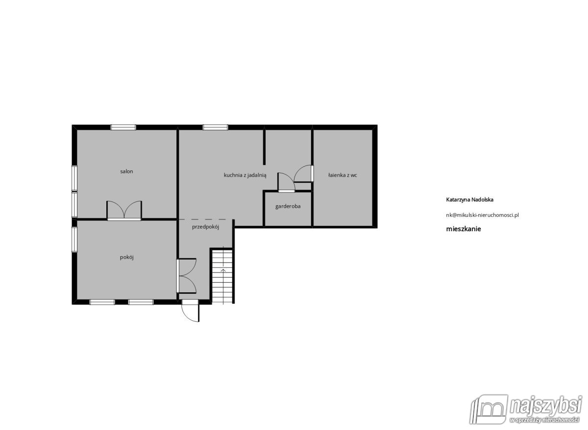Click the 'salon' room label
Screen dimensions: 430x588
point(127,171)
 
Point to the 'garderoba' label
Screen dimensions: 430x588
point(288,206)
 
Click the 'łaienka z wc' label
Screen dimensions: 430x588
point(343,175)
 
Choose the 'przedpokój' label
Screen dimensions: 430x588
point(205,227)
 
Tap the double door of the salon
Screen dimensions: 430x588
point(124,211)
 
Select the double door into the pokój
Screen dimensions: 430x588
point(187,275)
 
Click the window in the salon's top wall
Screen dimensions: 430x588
point(123,127)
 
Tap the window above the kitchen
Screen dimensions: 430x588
point(216,127)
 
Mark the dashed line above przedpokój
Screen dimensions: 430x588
point(202,219)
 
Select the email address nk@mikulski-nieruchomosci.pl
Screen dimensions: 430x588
point(482,215)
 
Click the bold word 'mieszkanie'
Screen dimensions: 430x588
point(464,228)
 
